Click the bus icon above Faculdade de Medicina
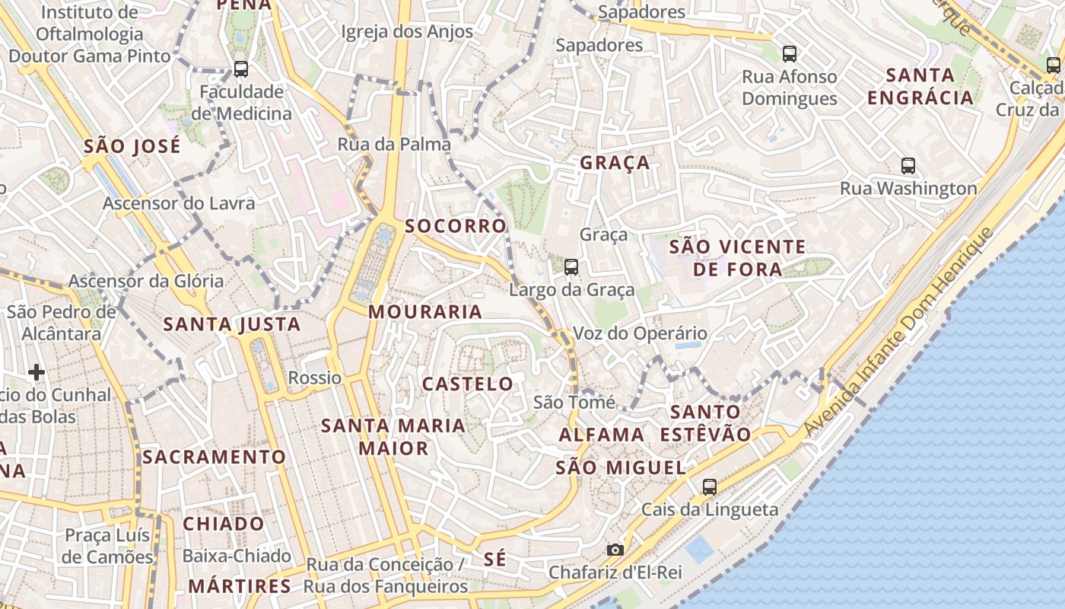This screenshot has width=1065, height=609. click(x=241, y=69)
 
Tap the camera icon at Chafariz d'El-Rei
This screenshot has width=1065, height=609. click(x=615, y=550)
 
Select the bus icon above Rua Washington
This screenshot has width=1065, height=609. click(x=908, y=165)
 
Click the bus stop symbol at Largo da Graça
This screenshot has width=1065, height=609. click(x=571, y=267)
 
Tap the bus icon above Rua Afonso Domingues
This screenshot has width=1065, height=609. click(x=790, y=54)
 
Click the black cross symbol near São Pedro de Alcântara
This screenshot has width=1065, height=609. click(x=36, y=372)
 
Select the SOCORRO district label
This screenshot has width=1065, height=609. click(x=456, y=226)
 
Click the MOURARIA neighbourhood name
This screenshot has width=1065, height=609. click(x=425, y=311)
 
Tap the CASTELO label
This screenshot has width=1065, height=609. click(x=468, y=384)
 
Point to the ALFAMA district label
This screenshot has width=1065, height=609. click(x=602, y=435)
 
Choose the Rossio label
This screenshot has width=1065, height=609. click(x=315, y=378)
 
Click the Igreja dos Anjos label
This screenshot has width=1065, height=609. click(x=407, y=32)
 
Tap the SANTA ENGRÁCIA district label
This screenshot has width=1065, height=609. click(x=920, y=86)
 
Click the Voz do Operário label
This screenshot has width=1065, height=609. click(x=629, y=333)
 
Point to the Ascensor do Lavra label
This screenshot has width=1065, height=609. click(x=179, y=203)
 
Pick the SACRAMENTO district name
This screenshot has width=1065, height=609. click(x=214, y=457)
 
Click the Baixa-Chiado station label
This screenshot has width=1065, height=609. click(x=237, y=556)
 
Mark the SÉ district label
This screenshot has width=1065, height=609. click(x=494, y=559)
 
